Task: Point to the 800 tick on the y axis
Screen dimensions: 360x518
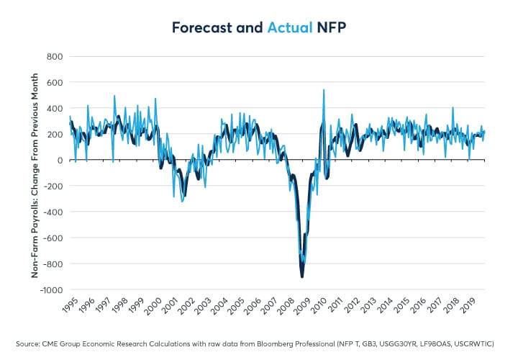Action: click(x=53, y=56)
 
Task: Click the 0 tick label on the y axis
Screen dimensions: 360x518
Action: click(x=59, y=160)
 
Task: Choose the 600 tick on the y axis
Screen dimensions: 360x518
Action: click(x=53, y=82)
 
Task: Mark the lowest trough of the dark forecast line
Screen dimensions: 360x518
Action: click(x=302, y=276)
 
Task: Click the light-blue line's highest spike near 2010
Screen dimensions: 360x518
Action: click(x=324, y=90)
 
